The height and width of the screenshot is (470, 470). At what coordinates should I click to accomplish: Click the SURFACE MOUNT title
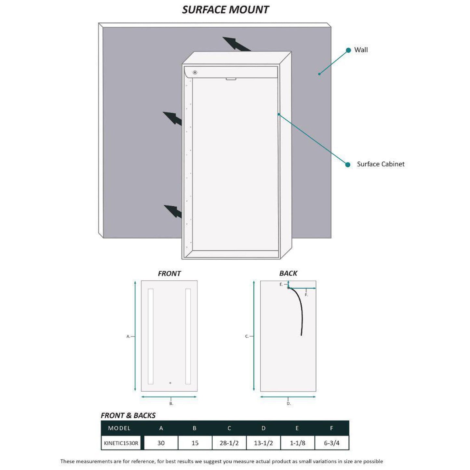coord(225,10)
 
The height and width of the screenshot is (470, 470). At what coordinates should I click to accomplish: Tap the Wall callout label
coord(361,50)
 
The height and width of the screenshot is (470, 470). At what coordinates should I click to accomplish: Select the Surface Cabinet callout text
coord(381,164)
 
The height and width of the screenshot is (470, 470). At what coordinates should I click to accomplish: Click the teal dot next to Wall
coord(348,50)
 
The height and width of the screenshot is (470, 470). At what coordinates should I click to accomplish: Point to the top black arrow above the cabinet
coord(235,44)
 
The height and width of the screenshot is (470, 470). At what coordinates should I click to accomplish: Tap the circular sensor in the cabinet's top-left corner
coord(195,72)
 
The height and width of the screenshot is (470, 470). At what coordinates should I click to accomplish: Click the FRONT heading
coord(169,274)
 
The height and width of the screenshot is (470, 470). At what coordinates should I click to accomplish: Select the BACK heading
coord(288,273)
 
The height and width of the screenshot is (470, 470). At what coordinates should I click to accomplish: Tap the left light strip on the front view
coord(151,336)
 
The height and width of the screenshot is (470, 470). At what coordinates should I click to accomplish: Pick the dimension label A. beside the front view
coord(128,336)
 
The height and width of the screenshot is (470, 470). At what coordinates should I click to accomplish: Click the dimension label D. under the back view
coord(289,404)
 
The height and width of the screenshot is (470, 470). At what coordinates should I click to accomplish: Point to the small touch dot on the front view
coord(170,383)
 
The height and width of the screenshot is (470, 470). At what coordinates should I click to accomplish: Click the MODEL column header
coord(119,428)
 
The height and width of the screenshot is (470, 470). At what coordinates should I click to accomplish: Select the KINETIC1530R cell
coord(121,443)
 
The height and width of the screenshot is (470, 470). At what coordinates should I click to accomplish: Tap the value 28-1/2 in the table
coord(229,443)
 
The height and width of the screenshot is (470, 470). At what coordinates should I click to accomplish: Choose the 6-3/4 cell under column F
coord(331,443)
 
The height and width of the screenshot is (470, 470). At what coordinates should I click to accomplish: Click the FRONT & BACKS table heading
coord(128,415)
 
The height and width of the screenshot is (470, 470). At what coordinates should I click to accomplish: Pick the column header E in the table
coord(297,428)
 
